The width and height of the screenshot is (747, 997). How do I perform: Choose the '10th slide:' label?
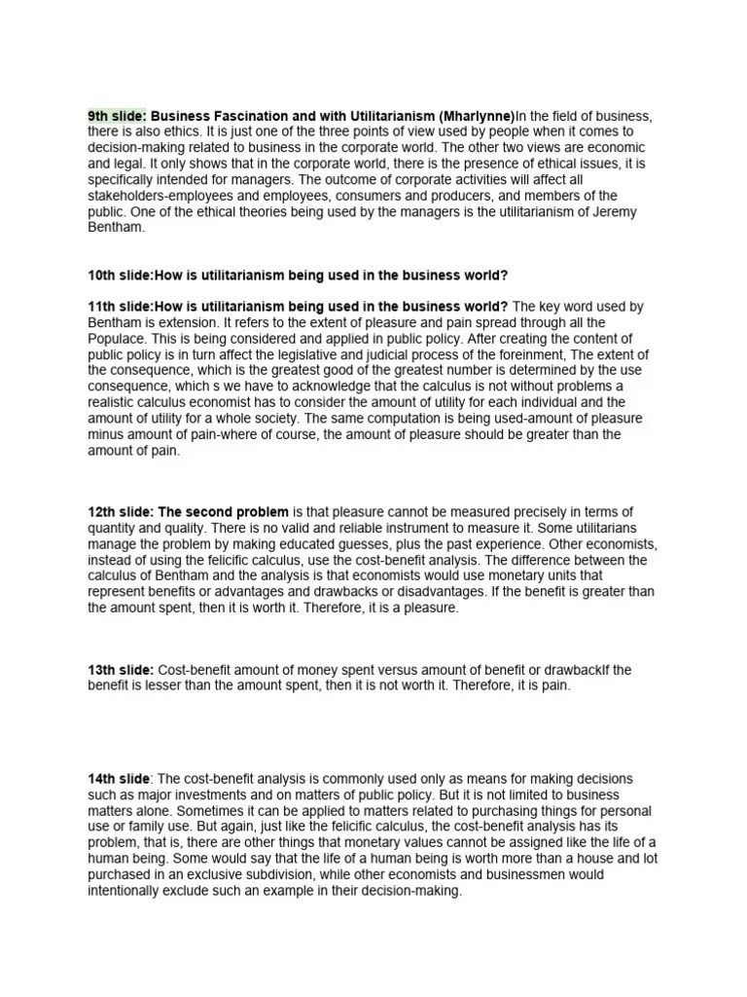click(x=121, y=275)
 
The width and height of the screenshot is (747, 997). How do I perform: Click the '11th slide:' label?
click(x=121, y=307)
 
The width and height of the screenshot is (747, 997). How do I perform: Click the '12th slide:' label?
click(x=121, y=512)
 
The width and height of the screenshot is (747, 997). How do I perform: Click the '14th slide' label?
click(x=119, y=779)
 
